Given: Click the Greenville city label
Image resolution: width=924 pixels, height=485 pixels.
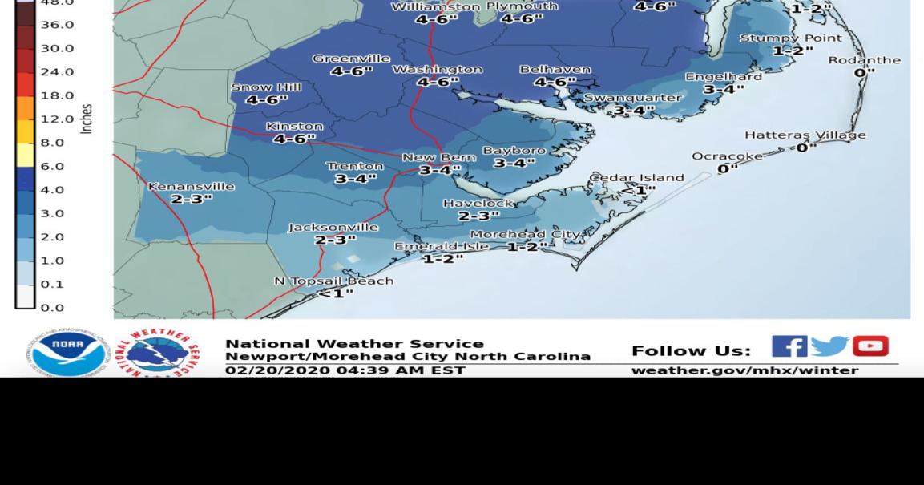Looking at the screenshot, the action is click(351, 59).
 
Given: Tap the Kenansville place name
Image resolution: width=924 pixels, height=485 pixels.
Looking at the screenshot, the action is click(191, 186).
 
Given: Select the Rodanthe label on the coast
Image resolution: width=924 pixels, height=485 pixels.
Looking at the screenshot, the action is click(864, 60).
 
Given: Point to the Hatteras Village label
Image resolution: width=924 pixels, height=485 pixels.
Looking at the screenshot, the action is click(805, 135).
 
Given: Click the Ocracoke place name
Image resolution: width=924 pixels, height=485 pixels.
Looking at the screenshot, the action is click(727, 156).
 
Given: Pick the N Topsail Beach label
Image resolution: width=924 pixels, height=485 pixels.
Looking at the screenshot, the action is click(333, 281).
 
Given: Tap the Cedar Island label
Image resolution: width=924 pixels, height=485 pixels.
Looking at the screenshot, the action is click(636, 177).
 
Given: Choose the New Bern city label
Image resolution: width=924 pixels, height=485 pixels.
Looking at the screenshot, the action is click(438, 157).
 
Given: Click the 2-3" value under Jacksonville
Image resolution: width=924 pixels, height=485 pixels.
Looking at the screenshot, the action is click(335, 240).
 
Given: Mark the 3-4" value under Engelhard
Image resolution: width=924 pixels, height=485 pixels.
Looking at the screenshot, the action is click(723, 89).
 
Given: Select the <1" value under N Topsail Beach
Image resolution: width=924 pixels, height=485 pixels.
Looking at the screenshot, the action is click(335, 293).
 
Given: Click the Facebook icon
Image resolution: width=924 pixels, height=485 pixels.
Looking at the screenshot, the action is click(789, 346).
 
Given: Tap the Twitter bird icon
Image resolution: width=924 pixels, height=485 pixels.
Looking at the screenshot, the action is click(829, 346).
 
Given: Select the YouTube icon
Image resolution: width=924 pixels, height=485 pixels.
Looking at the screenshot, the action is click(870, 346).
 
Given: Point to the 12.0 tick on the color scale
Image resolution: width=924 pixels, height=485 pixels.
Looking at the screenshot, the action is click(57, 119).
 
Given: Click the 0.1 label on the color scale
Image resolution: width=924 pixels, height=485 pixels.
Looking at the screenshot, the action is click(51, 284).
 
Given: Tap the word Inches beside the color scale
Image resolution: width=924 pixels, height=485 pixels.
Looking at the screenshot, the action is click(87, 119).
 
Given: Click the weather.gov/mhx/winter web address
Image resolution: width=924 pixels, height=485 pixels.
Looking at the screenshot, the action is click(744, 370).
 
